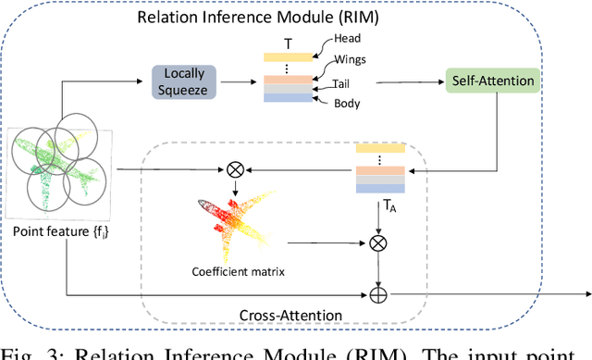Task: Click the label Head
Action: (x=349, y=39)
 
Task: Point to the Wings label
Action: (x=351, y=61)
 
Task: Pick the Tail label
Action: (x=347, y=83)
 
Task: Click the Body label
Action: (x=347, y=103)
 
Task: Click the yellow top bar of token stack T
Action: (x=290, y=56)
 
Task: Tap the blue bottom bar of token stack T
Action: (x=290, y=98)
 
